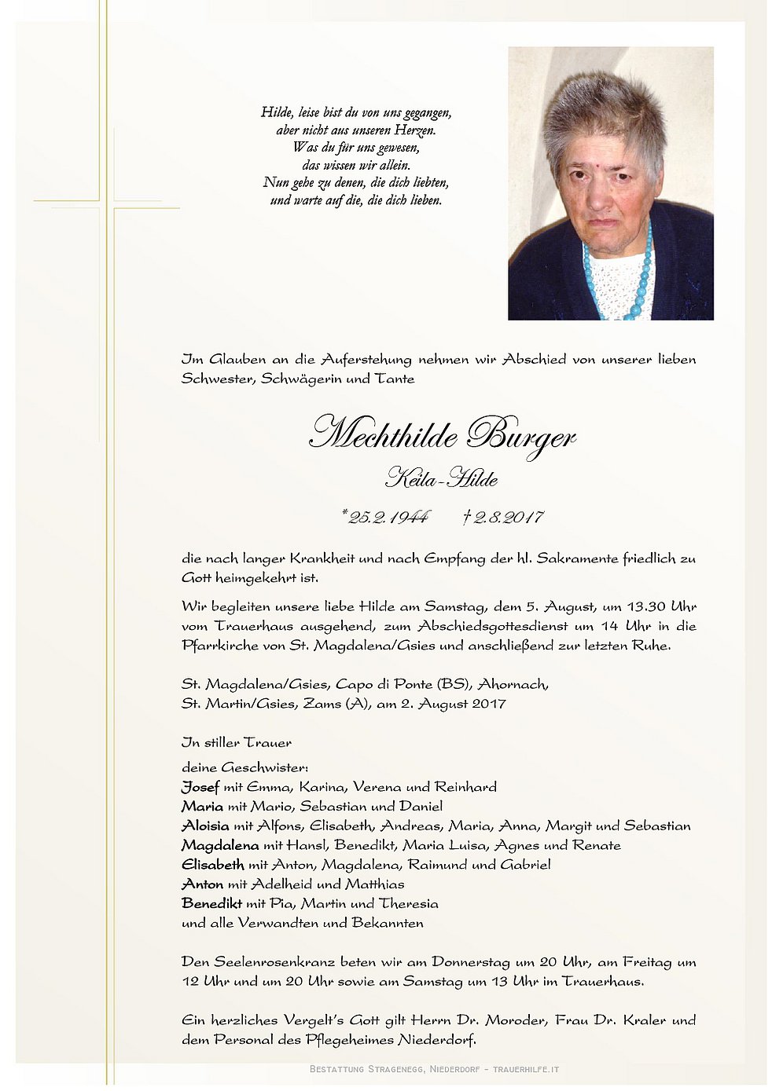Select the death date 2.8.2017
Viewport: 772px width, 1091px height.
504,517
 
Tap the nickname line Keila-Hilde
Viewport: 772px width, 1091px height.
442,478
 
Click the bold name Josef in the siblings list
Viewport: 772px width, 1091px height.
200,787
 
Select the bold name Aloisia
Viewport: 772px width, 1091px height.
205,826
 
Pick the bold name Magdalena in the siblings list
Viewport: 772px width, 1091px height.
219,845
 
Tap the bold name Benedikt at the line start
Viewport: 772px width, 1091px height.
211,903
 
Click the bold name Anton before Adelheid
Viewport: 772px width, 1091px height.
203,884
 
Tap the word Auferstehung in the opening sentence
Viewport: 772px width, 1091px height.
366,360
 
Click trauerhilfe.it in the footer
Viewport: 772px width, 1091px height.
526,1069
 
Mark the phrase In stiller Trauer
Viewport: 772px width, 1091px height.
236,742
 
